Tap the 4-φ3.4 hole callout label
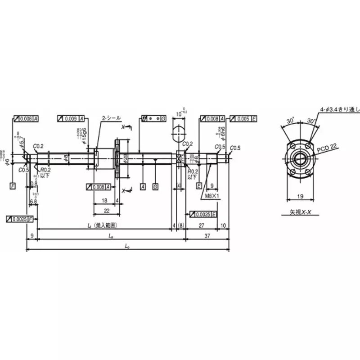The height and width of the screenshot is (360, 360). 339,109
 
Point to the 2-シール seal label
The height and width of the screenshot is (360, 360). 111,118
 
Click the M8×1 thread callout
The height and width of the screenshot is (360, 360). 209,196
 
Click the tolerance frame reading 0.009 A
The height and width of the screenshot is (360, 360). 71,118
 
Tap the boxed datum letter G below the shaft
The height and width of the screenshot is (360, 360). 155,186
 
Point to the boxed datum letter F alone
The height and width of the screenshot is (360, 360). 13,185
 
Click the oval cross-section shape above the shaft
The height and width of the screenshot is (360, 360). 179,134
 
